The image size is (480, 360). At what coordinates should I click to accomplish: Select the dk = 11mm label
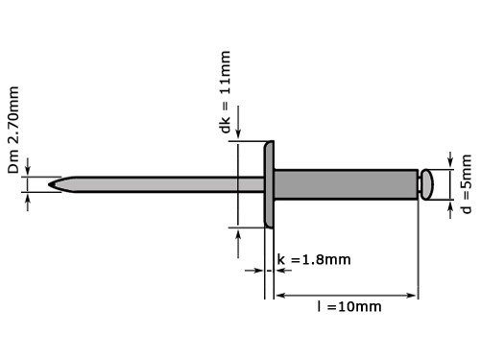[x=224, y=107]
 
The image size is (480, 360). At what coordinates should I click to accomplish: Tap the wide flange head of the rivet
[x=270, y=184]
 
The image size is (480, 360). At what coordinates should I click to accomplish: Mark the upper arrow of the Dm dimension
[x=29, y=170]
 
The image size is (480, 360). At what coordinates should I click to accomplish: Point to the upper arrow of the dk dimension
[x=236, y=136]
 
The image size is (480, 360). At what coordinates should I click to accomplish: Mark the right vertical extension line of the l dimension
[x=419, y=250]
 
